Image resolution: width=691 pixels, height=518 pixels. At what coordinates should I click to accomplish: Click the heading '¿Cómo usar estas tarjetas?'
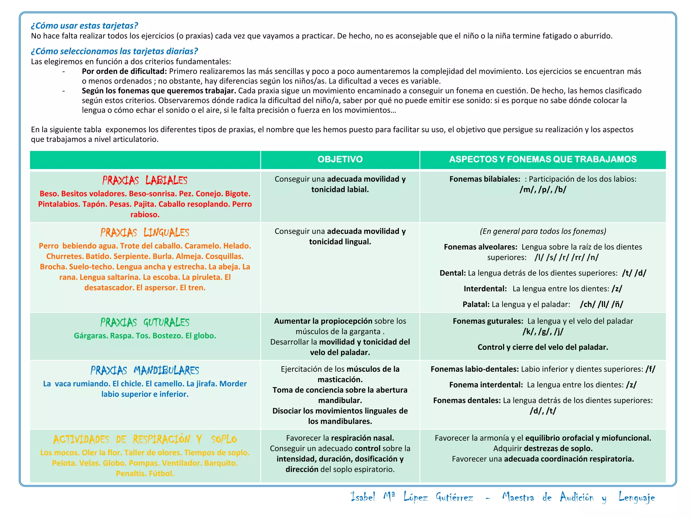click(84, 26)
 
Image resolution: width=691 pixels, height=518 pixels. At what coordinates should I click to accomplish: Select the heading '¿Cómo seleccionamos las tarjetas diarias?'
click(114, 51)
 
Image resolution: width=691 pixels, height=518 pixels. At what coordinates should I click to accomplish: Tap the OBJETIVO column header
click(340, 160)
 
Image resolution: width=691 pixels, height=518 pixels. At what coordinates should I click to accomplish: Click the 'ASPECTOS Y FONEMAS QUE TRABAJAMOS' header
click(543, 160)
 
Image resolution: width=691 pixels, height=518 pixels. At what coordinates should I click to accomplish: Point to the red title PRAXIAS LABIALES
click(145, 180)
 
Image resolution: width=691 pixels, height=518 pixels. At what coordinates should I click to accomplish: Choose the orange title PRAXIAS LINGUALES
click(145, 233)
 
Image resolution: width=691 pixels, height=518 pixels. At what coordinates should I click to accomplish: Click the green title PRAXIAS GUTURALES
click(145, 323)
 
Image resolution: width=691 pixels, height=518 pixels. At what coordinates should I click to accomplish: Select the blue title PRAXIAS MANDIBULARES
click(145, 371)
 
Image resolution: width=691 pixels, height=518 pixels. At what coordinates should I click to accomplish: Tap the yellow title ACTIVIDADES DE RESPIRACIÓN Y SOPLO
click(145, 439)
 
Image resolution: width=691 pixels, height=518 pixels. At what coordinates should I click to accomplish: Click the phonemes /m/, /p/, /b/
click(543, 190)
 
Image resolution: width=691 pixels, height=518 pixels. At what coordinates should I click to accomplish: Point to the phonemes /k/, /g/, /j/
click(543, 332)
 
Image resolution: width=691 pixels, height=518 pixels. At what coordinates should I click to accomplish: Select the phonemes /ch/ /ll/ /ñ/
click(601, 305)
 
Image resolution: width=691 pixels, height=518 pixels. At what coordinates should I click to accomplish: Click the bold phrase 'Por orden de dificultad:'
click(124, 71)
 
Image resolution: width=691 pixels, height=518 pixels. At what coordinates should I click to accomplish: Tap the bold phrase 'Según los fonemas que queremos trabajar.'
click(159, 91)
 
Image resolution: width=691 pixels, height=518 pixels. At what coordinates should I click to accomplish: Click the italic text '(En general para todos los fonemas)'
click(543, 231)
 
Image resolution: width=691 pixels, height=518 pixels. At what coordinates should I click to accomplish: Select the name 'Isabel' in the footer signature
click(363, 497)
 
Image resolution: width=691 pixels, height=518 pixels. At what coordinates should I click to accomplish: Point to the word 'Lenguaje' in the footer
click(636, 497)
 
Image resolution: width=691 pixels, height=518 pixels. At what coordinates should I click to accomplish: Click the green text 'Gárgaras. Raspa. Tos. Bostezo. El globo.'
click(145, 336)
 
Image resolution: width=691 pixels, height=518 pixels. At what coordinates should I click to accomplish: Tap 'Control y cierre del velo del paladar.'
click(543, 347)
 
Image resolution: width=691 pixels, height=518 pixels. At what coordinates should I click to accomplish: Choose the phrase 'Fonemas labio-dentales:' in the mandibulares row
click(474, 369)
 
